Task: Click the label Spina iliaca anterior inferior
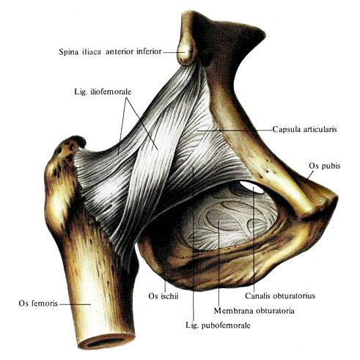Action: (x=110, y=52)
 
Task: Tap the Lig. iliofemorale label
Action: (x=103, y=92)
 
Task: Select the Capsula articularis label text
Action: (x=304, y=129)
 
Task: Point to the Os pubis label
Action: (x=324, y=166)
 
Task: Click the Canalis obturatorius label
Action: (x=280, y=296)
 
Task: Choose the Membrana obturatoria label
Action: (x=254, y=311)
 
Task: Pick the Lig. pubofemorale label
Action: (x=218, y=326)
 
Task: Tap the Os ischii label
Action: (x=164, y=296)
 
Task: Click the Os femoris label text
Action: (x=38, y=304)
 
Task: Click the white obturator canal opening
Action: (x=251, y=187)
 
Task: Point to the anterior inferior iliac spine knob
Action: (x=186, y=53)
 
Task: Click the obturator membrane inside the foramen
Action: (x=227, y=220)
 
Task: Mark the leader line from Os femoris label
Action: (x=75, y=304)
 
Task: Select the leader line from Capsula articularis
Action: (x=235, y=131)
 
